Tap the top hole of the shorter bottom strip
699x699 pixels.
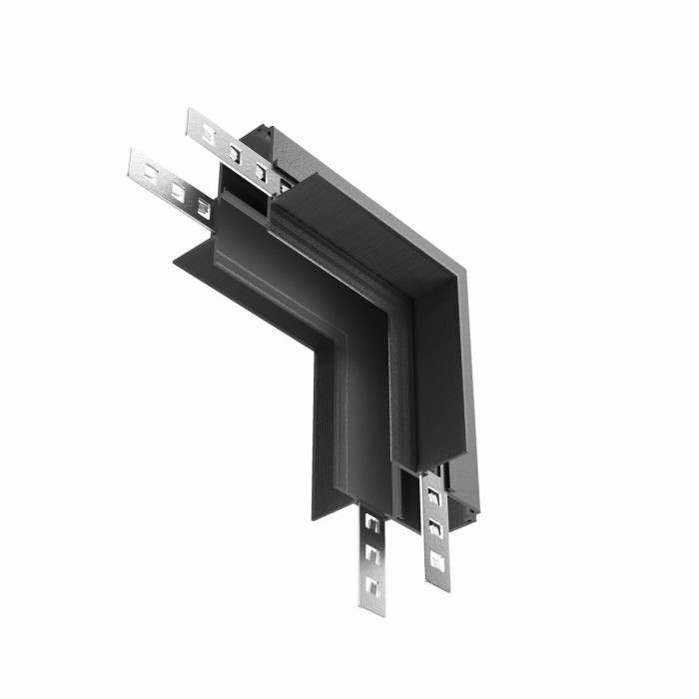pyautogui.click(x=370, y=523)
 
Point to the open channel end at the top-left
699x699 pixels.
pyautogui.click(x=246, y=186)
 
